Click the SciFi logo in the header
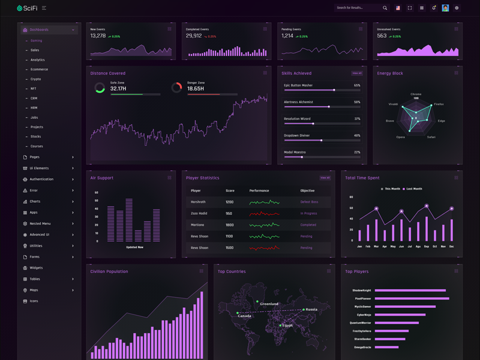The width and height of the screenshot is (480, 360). [x=28, y=8]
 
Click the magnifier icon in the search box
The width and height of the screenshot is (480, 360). [x=385, y=8]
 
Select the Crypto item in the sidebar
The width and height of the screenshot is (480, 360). [x=36, y=79]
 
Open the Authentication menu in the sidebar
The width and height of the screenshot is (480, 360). [x=41, y=179]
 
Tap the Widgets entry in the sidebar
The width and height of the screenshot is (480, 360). [x=36, y=268]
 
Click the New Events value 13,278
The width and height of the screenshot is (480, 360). [x=98, y=36]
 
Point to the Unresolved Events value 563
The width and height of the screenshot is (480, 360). [x=382, y=36]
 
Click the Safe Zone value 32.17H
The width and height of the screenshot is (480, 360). [x=118, y=89]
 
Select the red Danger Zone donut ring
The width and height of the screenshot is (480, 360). [x=176, y=88]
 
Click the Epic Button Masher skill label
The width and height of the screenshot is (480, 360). [x=298, y=86]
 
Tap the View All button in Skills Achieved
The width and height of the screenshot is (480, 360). [x=357, y=73]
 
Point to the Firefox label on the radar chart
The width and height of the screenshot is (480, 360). [x=439, y=104]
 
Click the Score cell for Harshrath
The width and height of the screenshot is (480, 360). [x=229, y=202]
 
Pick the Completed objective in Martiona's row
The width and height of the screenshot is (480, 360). [x=308, y=225]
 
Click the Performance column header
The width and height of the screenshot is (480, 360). [x=259, y=191]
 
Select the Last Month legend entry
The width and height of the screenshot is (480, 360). [x=413, y=189]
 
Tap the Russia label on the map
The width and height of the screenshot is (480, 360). [x=311, y=310]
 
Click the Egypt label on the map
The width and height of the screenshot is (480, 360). [x=288, y=326]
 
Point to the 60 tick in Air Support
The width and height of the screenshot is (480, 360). [x=97, y=193]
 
